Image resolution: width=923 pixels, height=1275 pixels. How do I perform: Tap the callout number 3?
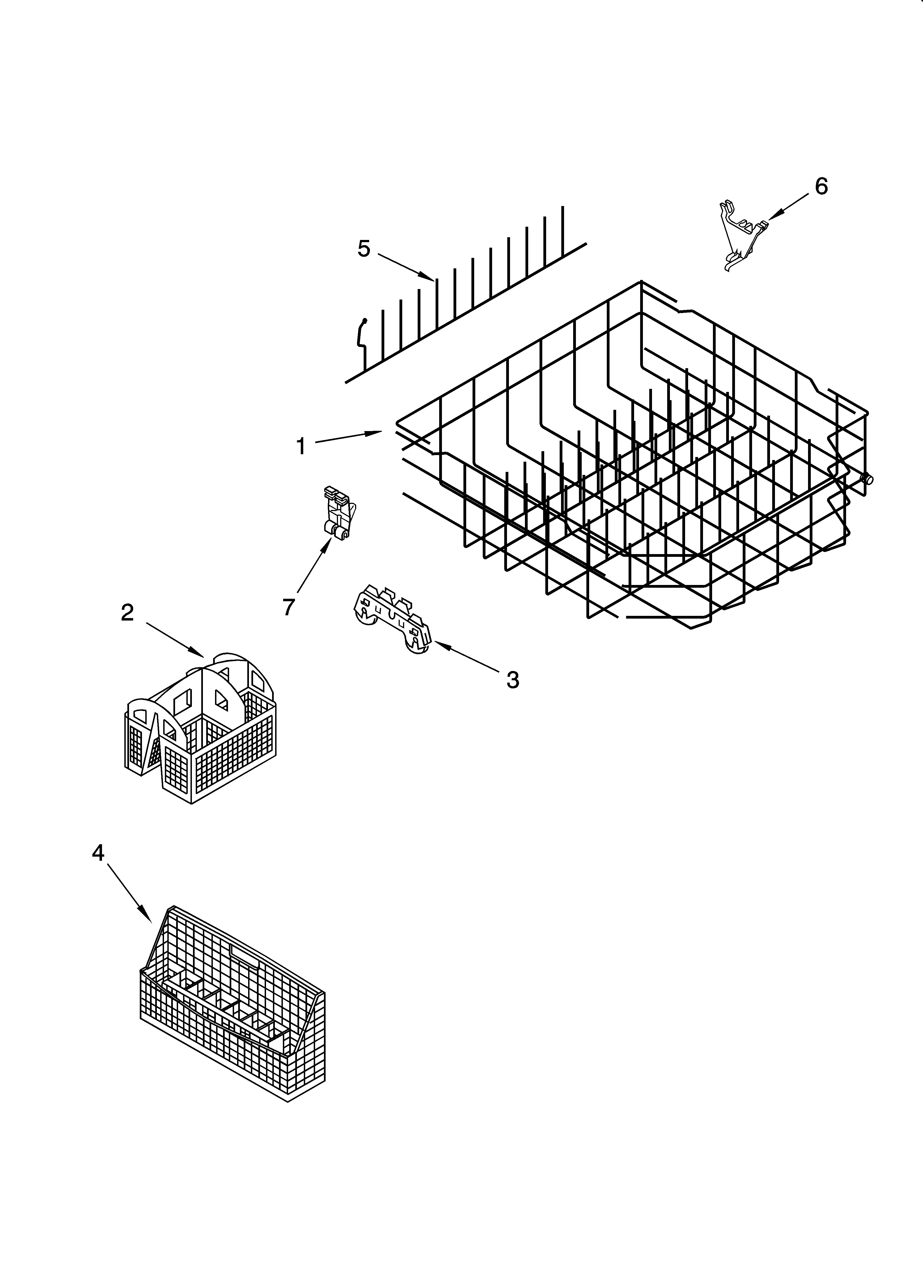pos(512,680)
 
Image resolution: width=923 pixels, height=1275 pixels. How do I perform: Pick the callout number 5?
pos(364,248)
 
